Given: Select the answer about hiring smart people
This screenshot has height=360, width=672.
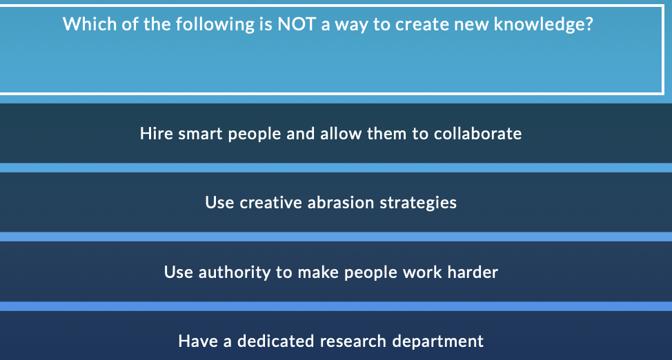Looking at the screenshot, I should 331,133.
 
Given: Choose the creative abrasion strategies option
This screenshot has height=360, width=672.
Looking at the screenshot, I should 331,203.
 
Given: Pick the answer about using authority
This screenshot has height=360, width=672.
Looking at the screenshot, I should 331,272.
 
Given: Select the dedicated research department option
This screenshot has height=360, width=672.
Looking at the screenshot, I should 331,341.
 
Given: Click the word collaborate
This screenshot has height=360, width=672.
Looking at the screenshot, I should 477,133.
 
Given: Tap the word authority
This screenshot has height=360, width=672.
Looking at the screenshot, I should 235,272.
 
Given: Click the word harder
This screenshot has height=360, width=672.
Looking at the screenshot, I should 473,272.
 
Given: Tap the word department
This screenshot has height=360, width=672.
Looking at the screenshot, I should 438,341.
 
